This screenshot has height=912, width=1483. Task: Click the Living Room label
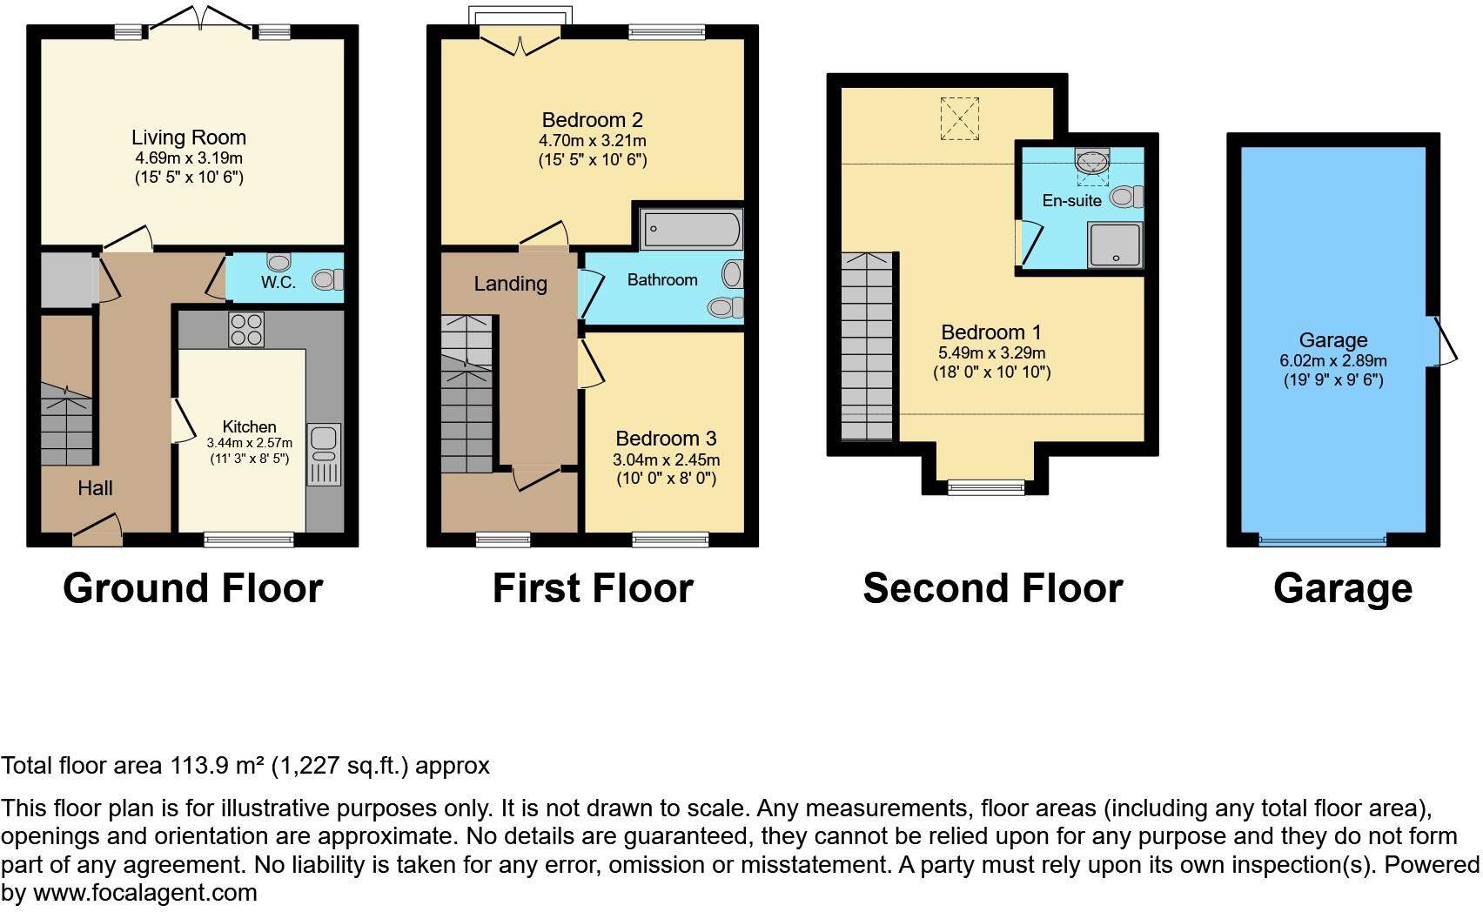189,137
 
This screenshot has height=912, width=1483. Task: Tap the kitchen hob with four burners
246,329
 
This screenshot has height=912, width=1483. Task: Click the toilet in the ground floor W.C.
327,279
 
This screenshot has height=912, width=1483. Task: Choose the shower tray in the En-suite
1115,244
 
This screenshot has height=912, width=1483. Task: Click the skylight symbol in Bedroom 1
959,119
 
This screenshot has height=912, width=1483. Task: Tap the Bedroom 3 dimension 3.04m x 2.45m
667,459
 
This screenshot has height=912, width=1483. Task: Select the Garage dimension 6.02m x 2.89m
1333,360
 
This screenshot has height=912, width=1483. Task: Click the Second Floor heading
992,588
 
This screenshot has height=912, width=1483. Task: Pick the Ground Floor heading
192,588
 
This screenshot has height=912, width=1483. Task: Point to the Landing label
510,284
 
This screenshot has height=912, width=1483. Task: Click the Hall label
95,488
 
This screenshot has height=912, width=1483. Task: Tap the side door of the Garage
1442,340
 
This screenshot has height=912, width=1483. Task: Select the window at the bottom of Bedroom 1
986,488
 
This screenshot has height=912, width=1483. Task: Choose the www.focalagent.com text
139,893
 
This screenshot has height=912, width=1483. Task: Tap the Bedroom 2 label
592,120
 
